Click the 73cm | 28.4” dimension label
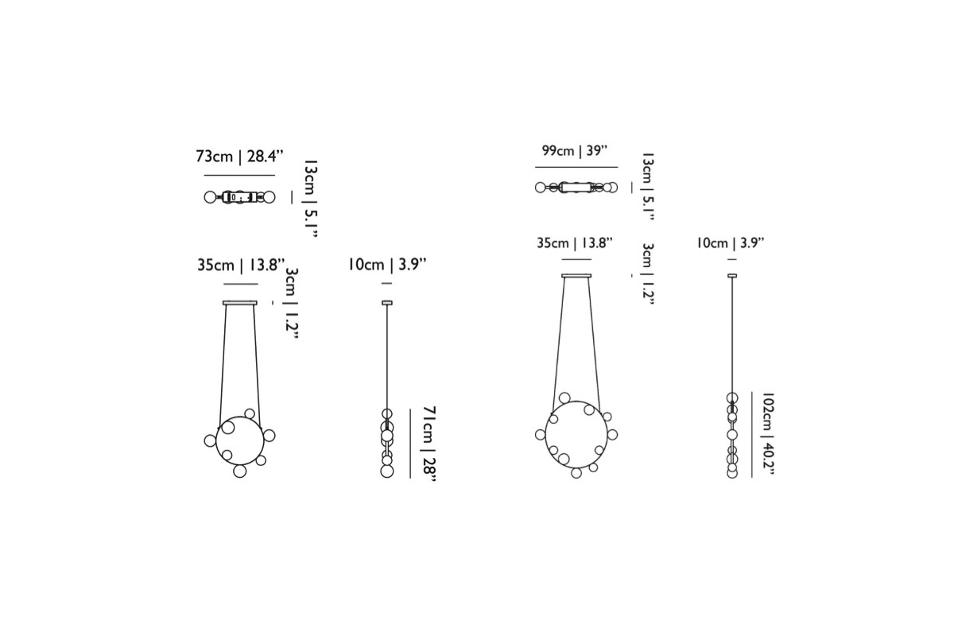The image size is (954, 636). click(x=239, y=157)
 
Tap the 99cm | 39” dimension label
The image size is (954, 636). click(x=575, y=150)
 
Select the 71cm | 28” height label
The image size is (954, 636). click(x=429, y=444)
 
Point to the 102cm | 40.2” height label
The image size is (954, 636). click(x=768, y=434)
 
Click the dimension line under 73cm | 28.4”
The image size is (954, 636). click(x=239, y=175)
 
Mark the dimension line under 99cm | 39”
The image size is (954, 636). click(x=576, y=168)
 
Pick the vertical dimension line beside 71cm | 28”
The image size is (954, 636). click(x=410, y=444)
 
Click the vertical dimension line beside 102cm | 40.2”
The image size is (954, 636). click(x=752, y=435)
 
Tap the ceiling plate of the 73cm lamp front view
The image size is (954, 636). click(x=240, y=303)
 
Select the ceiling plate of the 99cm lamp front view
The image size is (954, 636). click(x=576, y=276)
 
